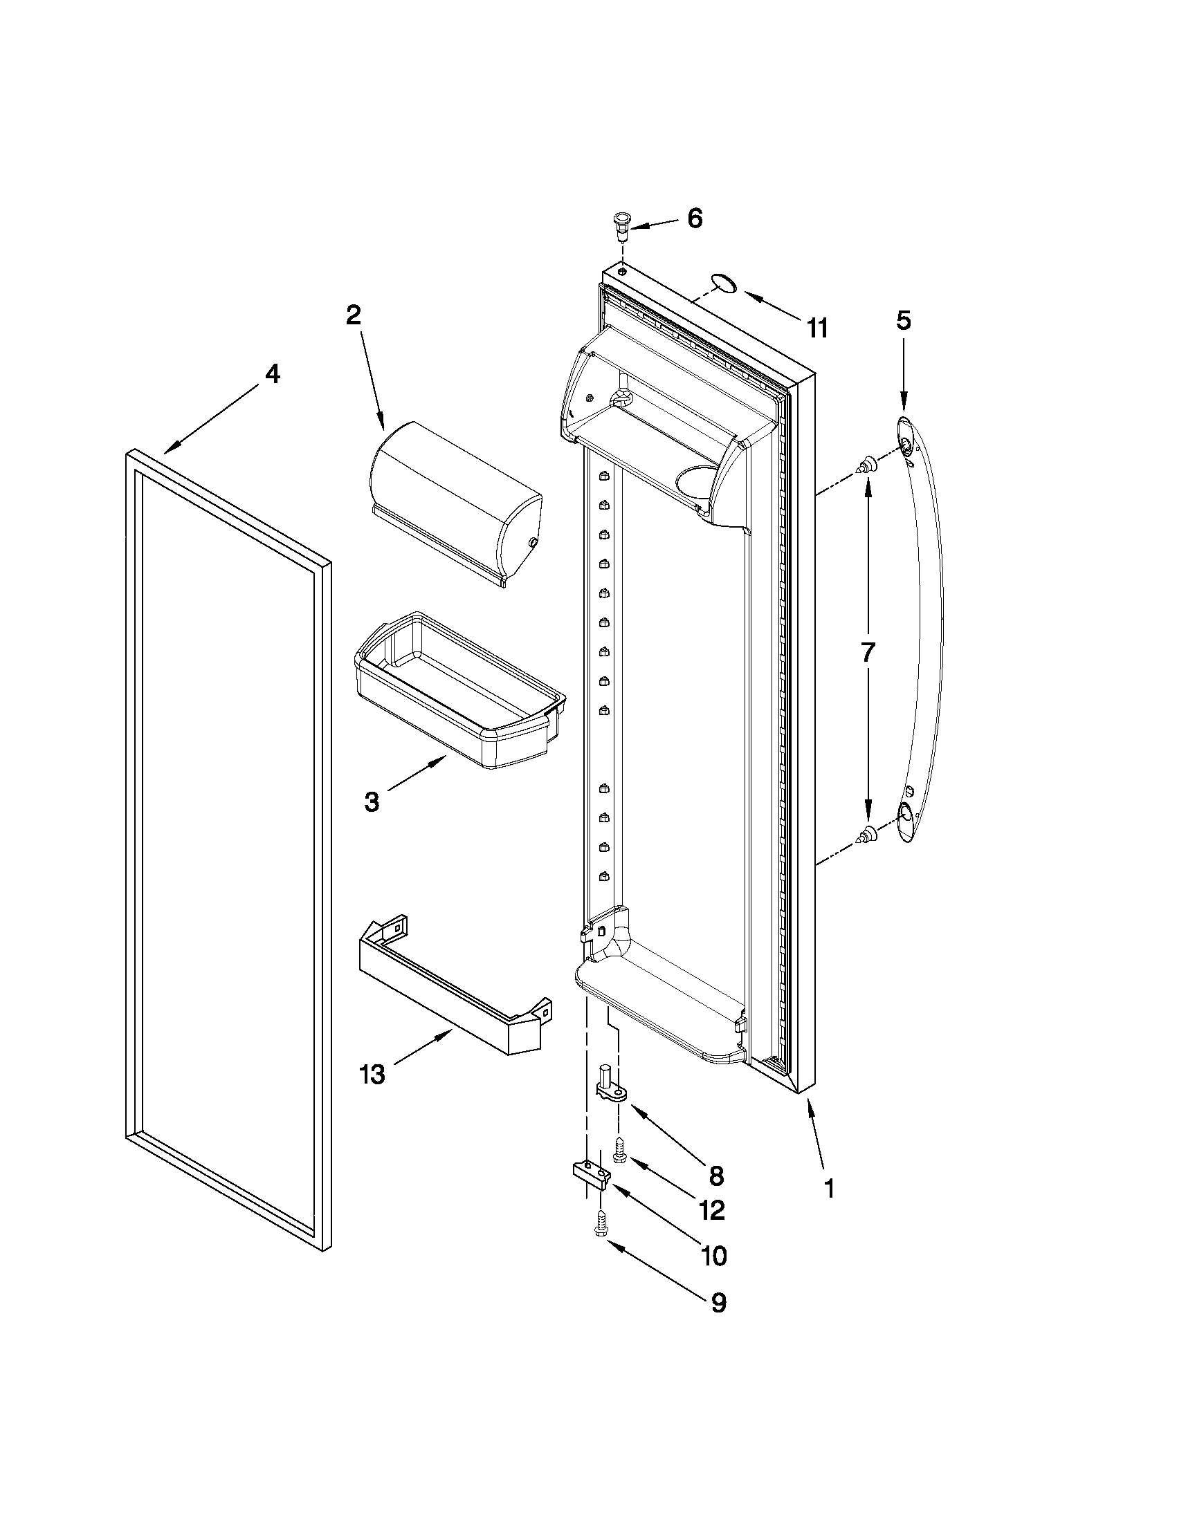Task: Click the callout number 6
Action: [695, 218]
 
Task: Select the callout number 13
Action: [372, 1074]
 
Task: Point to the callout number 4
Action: [272, 374]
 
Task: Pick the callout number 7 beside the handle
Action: [867, 652]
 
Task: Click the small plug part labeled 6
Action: [619, 225]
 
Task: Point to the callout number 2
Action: [354, 315]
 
